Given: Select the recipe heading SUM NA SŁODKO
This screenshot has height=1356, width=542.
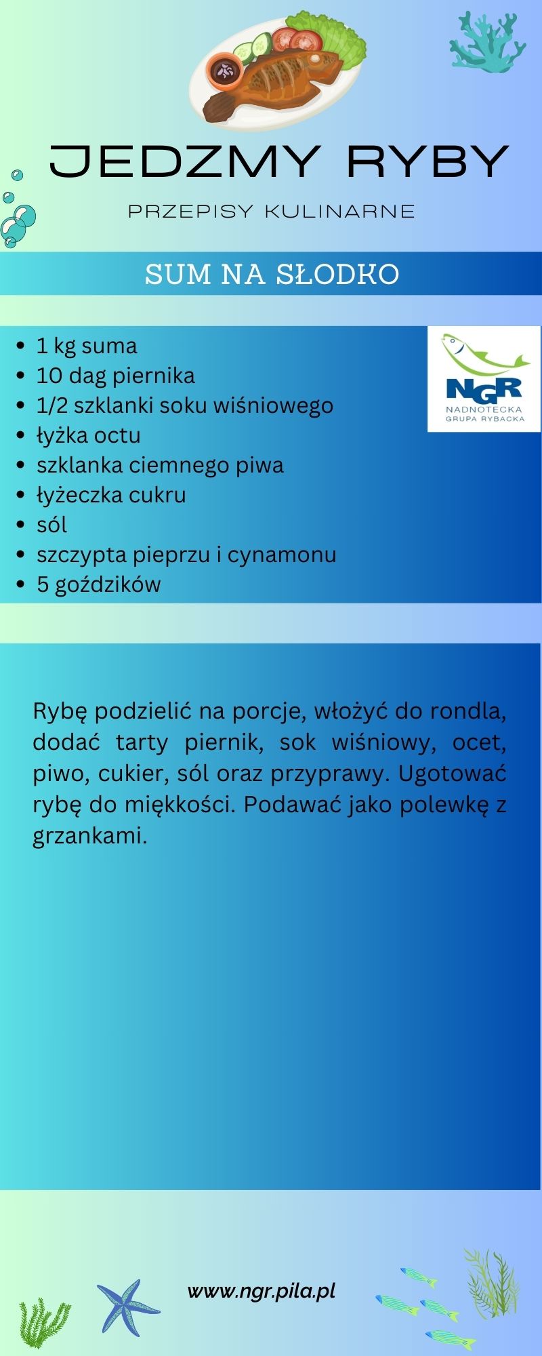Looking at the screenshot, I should click(272, 275).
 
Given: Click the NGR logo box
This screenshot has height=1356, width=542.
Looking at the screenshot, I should click(484, 379).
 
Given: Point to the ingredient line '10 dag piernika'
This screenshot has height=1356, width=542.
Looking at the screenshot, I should click(115, 376).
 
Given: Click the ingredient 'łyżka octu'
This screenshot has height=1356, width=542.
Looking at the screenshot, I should click(88, 435).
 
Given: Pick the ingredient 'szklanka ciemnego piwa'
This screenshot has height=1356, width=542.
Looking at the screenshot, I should click(160, 465).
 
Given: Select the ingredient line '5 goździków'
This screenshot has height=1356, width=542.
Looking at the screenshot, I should click(99, 584).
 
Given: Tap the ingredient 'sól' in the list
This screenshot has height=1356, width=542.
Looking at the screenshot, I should click(51, 525).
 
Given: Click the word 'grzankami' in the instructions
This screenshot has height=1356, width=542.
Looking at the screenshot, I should click(89, 836).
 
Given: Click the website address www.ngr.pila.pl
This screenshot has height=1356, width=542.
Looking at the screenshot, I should click(262, 1291).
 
